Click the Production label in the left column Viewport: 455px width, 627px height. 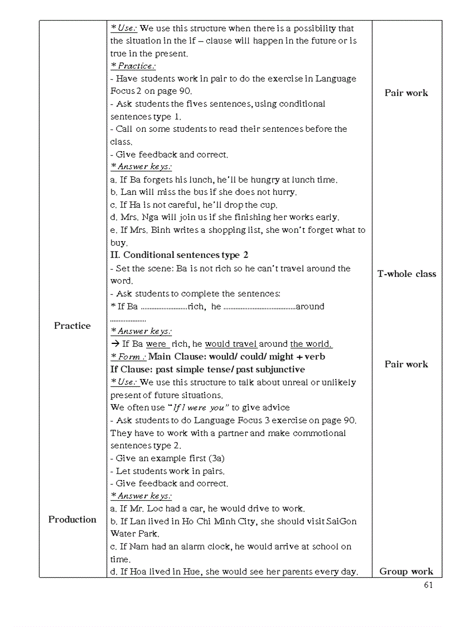pyautogui.click(x=72, y=519)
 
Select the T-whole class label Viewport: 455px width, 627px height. pyautogui.click(x=406, y=274)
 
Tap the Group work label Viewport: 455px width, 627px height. pyautogui.click(x=406, y=571)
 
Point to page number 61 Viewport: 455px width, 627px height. pyautogui.click(x=428, y=585)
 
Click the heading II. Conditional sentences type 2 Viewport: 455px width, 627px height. pyautogui.click(x=179, y=255)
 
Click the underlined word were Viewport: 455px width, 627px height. pyautogui.click(x=157, y=344)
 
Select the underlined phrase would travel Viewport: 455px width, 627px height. pyautogui.click(x=231, y=344)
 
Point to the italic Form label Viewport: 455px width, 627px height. pyautogui.click(x=128, y=357)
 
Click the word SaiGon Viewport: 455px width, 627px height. pyautogui.click(x=341, y=521)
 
